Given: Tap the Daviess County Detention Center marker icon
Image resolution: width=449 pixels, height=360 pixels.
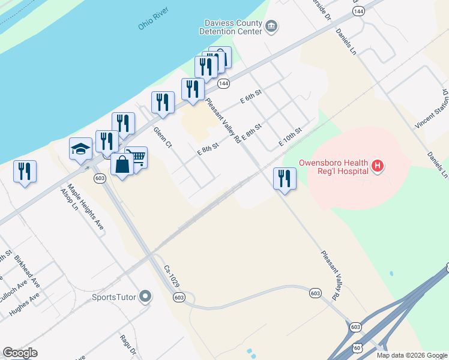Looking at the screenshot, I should click(271, 26).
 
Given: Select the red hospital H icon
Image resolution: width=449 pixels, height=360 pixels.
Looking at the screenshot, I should click(378, 165).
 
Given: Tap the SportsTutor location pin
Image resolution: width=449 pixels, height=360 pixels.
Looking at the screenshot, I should click(145, 296).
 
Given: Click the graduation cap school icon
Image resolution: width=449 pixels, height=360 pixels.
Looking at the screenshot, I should click(80, 149).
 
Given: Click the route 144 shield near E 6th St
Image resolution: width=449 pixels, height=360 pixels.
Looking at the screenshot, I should click(223, 83).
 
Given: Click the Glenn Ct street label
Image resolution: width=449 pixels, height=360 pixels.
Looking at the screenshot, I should click(162, 139).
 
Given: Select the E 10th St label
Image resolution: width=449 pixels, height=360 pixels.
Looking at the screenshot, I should click(289, 138).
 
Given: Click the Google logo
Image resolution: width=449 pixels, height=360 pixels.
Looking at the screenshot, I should click(20, 353).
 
